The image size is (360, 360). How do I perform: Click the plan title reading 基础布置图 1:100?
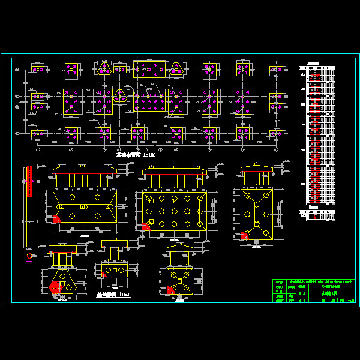(135, 154)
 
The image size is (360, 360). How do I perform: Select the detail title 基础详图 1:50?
(112, 295)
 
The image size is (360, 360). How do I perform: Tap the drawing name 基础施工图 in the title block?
(329, 294)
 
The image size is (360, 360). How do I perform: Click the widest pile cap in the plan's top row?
(149, 69)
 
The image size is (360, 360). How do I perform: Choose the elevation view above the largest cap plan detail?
(174, 178)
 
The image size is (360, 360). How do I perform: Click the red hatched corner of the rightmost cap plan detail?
(244, 236)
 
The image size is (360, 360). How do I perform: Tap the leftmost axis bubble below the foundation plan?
(38, 149)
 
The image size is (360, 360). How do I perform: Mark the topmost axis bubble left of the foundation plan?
(17, 70)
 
